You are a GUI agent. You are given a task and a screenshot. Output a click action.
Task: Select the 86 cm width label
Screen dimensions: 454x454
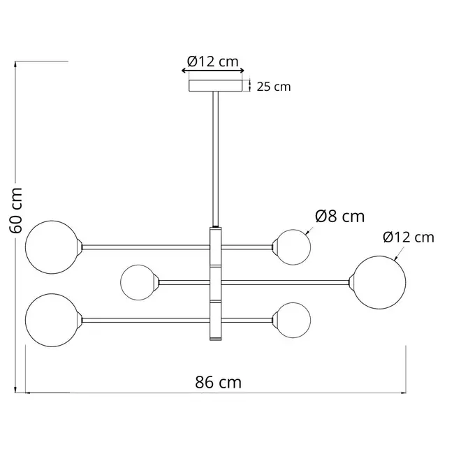pos(218,382)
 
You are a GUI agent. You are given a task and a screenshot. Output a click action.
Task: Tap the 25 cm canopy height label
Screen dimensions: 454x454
pos(273,87)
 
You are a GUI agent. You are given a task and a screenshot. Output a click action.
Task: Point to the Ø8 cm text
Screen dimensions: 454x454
pos(339,217)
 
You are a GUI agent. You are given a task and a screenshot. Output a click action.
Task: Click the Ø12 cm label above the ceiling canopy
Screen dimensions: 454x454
pos(214,61)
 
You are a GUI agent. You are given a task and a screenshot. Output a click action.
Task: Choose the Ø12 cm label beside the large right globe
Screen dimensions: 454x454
pos(409,237)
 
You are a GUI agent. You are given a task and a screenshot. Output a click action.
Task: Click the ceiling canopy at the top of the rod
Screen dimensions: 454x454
pos(217,85)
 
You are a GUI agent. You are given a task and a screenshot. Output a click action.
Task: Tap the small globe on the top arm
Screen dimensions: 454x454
pos(292,246)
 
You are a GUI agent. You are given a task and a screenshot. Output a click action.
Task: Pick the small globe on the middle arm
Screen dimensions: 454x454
pos(138,282)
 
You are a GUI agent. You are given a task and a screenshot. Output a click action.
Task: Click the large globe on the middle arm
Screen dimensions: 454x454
pos(378,281)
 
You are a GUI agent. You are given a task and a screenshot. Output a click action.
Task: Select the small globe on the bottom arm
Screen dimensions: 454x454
pos(292,320)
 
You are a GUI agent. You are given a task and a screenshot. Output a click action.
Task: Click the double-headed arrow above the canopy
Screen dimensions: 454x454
pos(213,71)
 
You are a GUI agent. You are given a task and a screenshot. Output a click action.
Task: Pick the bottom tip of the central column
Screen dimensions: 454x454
pos(216,340)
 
